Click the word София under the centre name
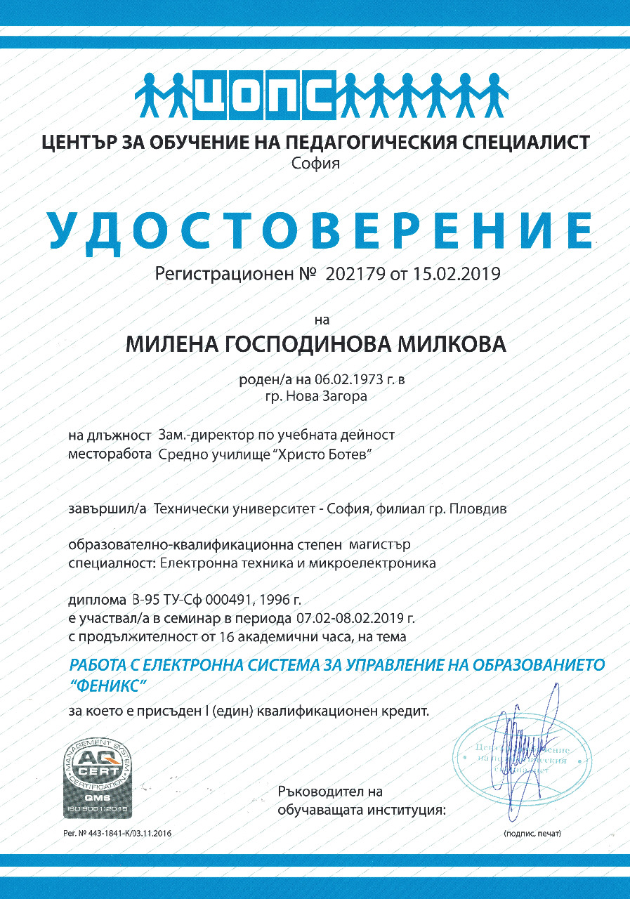315,165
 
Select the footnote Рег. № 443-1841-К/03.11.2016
117,833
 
